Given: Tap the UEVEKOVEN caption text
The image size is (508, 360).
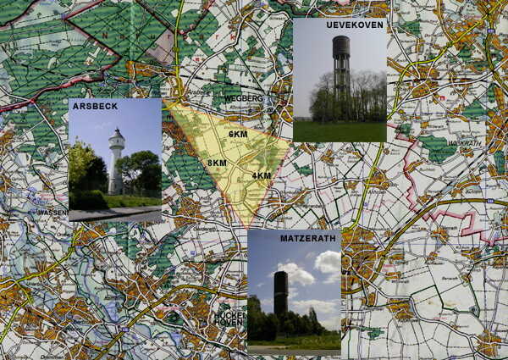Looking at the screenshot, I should [x=354, y=26].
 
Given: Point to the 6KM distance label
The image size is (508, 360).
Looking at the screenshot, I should [x=238, y=135].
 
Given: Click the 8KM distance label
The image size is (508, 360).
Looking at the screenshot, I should [x=218, y=163].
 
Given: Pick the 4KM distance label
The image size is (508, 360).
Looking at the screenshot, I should [x=262, y=175].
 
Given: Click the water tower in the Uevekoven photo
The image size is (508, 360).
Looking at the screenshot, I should [x=340, y=68].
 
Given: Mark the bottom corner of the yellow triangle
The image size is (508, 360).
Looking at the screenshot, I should [x=248, y=227].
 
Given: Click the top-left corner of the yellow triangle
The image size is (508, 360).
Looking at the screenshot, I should [x=167, y=102].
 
